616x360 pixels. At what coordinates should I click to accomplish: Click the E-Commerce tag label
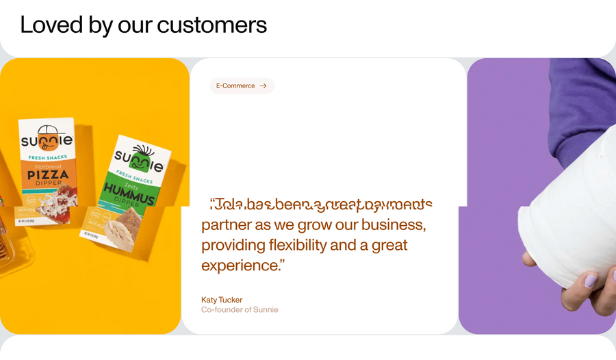(x=235, y=86)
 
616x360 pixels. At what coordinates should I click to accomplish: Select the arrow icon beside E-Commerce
(x=264, y=86)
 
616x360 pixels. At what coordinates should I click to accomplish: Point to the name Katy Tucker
(x=222, y=300)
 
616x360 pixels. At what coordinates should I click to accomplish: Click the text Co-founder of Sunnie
(x=240, y=309)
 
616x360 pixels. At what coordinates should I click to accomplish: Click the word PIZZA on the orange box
(x=49, y=175)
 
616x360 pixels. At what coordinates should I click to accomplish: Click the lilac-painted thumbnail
(x=590, y=281)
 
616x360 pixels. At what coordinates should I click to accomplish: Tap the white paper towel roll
(x=568, y=219)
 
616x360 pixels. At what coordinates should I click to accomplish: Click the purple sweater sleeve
(x=582, y=103)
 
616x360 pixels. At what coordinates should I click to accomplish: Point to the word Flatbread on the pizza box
(x=48, y=166)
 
